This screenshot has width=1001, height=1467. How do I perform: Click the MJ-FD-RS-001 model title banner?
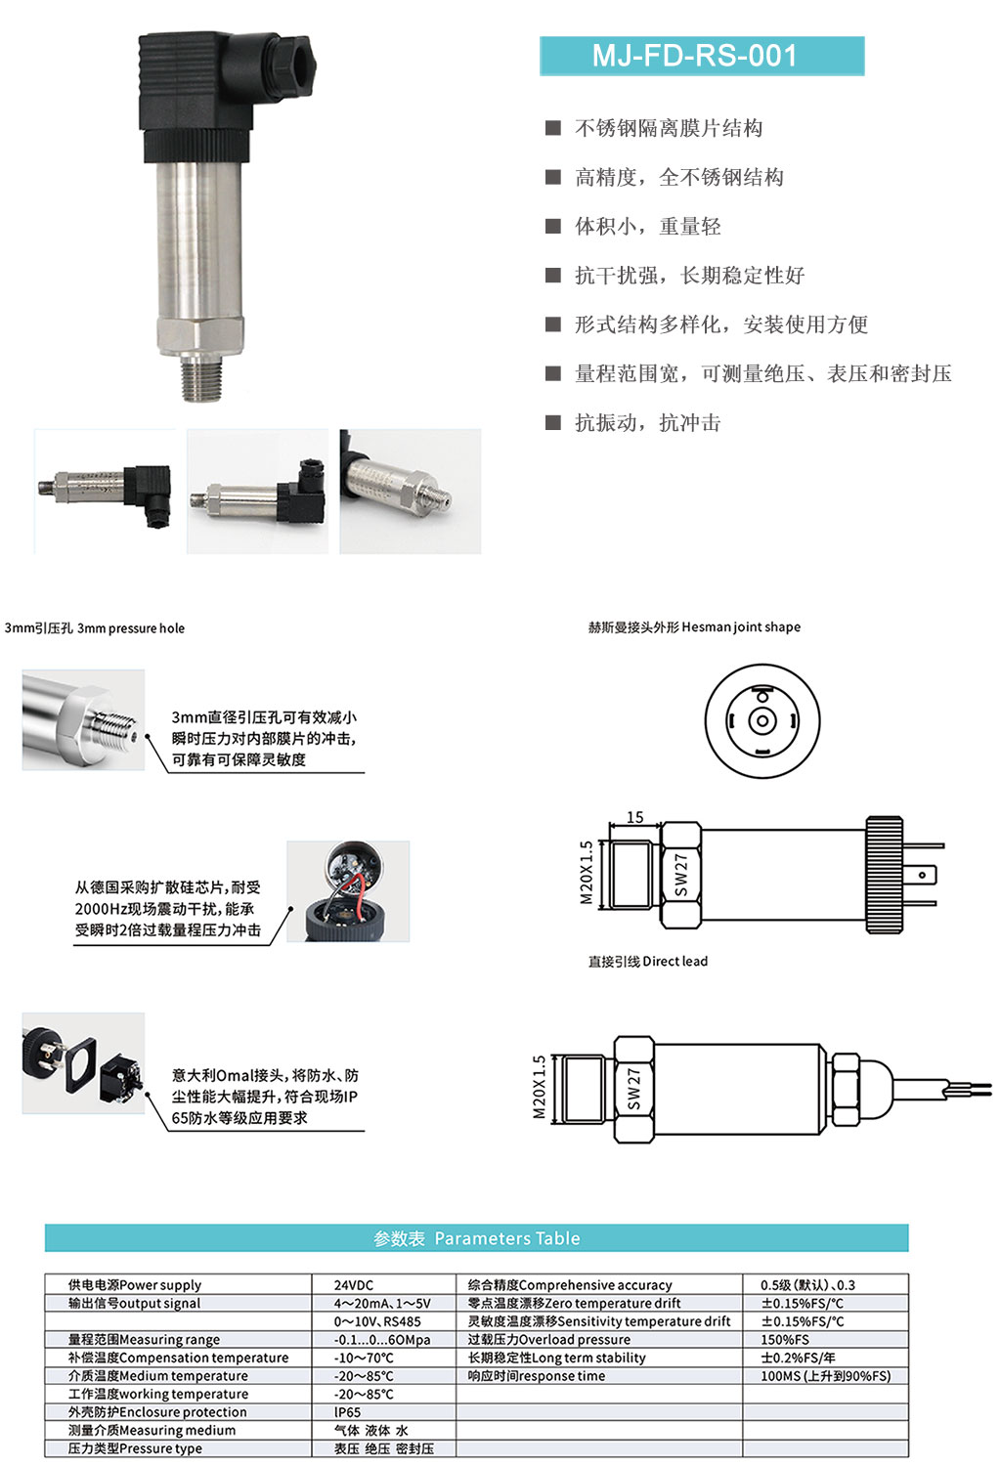[x=702, y=56]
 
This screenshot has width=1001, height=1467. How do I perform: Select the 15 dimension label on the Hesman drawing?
[x=634, y=817]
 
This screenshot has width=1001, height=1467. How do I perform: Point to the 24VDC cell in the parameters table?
[x=354, y=1285]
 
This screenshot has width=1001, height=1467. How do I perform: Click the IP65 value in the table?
[x=347, y=1412]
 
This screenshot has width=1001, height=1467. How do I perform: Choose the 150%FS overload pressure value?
[x=785, y=1339]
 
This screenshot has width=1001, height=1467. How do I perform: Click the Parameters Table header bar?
[x=476, y=1237]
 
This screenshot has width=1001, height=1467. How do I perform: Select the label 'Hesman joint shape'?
[x=741, y=626]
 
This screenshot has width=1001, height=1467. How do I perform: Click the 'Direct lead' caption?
[x=675, y=961]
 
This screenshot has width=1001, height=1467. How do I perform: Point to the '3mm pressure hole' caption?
[x=131, y=628]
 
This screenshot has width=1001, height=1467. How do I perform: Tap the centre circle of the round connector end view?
[x=762, y=721]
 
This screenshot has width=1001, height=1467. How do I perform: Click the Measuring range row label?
[x=144, y=1339]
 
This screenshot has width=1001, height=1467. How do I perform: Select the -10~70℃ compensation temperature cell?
[x=364, y=1358]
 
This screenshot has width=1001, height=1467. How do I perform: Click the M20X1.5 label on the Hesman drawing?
[x=586, y=873]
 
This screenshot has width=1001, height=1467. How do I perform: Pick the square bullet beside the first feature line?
[x=553, y=128]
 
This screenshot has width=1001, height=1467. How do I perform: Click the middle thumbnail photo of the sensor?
[x=257, y=492]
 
